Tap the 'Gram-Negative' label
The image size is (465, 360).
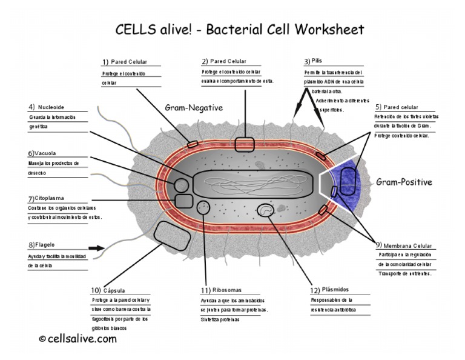194,108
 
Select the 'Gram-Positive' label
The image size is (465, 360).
404,182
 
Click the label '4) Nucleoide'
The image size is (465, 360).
46,107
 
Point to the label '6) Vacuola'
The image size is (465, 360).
42,153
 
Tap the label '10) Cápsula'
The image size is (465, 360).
108,290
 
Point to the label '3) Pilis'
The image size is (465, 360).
313,61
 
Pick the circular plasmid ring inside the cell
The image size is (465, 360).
265,210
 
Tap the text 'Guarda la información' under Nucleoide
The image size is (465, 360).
52,117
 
